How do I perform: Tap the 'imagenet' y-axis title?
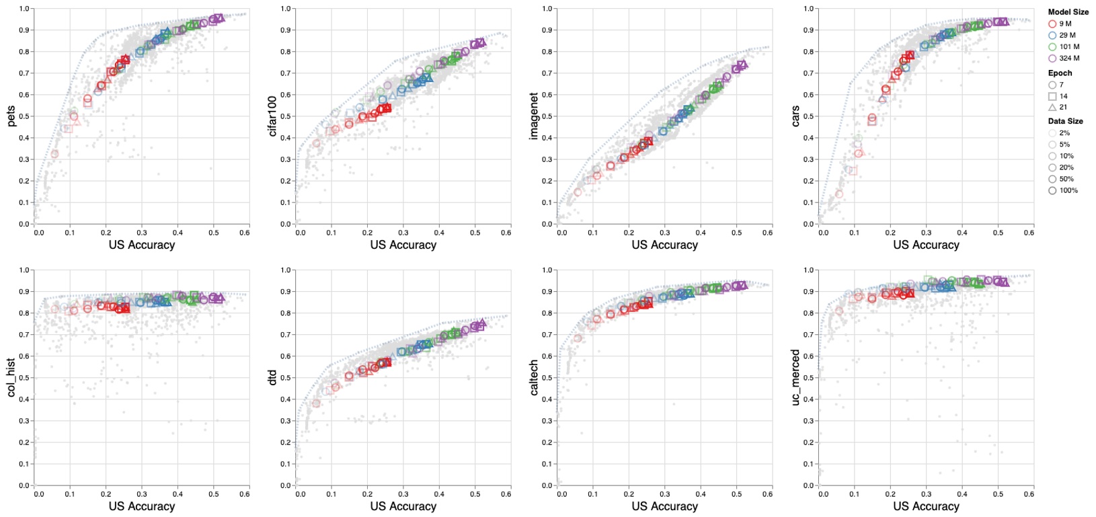[x=534, y=116]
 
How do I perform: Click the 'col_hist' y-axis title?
[x=11, y=377]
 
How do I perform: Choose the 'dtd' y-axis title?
[x=272, y=377]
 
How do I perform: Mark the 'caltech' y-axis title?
[x=534, y=377]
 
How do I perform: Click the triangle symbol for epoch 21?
[x=1052, y=108]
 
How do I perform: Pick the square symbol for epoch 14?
[x=1052, y=96]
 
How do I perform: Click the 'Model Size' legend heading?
[x=1068, y=12]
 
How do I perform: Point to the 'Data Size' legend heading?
[x=1065, y=121]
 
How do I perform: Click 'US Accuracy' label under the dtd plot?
[x=403, y=506]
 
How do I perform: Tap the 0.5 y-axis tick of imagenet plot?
[x=549, y=116]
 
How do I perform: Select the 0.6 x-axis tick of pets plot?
[x=244, y=233]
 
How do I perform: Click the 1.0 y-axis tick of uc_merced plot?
[x=810, y=270]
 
